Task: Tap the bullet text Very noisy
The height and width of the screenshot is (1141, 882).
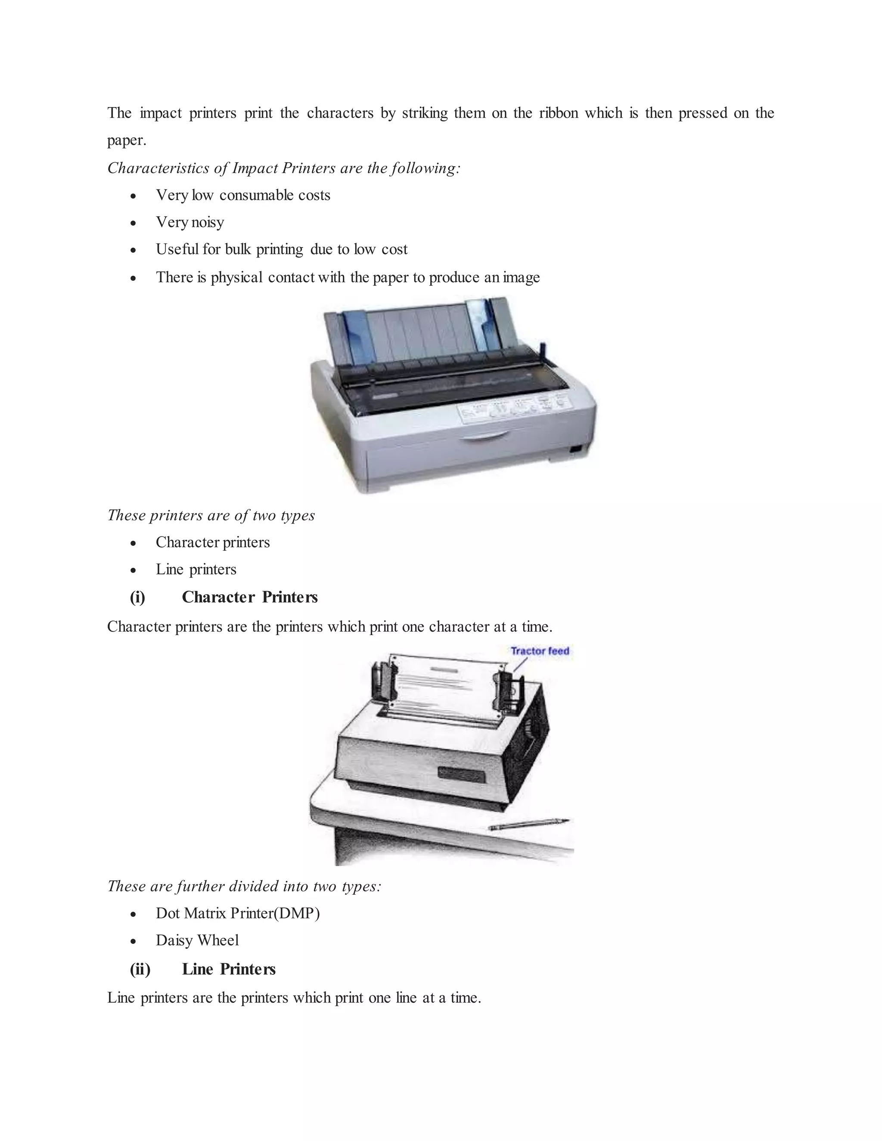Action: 189,223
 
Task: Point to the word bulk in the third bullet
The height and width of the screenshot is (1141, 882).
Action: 238,250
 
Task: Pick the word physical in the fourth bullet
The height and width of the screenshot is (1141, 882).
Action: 236,277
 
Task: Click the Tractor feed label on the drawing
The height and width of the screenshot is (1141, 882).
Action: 539,651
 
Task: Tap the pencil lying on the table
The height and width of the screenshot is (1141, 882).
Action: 528,825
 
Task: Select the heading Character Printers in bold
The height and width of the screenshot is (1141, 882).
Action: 249,597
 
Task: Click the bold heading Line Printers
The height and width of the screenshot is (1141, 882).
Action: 228,970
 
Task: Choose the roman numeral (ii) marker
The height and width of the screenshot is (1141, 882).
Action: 140,970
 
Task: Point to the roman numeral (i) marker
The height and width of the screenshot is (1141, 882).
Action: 137,597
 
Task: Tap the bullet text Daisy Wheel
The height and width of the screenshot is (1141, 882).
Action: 197,940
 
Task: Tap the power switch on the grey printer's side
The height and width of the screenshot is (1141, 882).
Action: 576,449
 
